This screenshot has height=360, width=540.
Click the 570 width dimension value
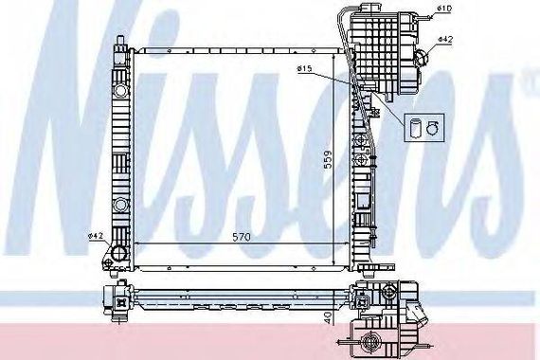[242, 237]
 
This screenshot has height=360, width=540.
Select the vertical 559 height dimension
[329, 159]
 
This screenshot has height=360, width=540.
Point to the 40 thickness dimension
[329, 317]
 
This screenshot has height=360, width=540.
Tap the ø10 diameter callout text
[444, 8]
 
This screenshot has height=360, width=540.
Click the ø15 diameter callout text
[304, 69]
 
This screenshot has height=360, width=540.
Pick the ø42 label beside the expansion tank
[445, 39]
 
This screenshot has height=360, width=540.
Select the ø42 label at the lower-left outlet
[96, 236]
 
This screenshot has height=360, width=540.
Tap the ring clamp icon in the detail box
[432, 128]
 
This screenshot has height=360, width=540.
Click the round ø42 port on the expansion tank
[422, 57]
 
